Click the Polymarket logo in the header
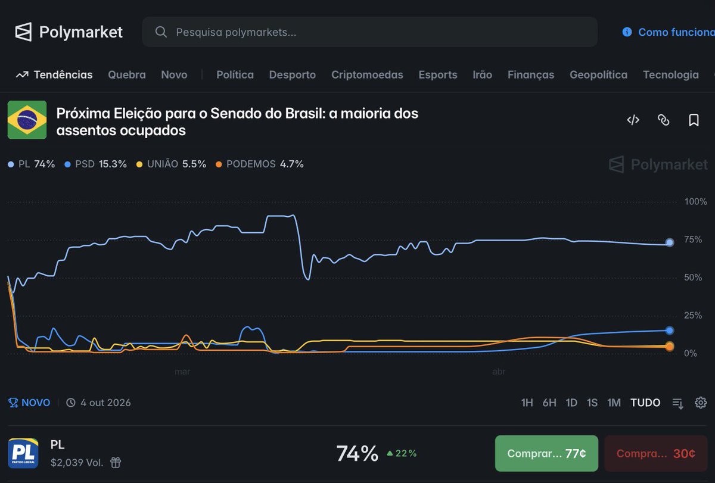pyautogui.click(x=69, y=32)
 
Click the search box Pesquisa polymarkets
pyautogui.click(x=369, y=32)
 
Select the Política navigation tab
pyautogui.click(x=235, y=74)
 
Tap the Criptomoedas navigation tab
pyautogui.click(x=367, y=74)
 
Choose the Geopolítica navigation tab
pyautogui.click(x=598, y=74)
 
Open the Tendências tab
pyautogui.click(x=54, y=74)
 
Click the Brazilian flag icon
pyautogui.click(x=27, y=120)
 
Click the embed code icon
pyautogui.click(x=633, y=120)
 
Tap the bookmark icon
pyautogui.click(x=694, y=120)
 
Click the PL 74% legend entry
pyautogui.click(x=32, y=164)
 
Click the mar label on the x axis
pyautogui.click(x=182, y=372)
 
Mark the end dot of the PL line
pyautogui.click(x=669, y=242)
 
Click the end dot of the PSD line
pyautogui.click(x=669, y=331)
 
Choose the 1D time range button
pyautogui.click(x=571, y=403)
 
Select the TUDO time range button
pyautogui.click(x=645, y=403)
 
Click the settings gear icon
pyautogui.click(x=701, y=403)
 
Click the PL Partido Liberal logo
pyautogui.click(x=23, y=453)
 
